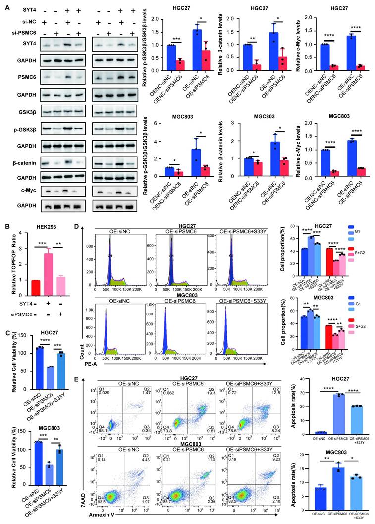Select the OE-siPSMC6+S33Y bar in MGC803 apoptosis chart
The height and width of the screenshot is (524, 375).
[352, 490]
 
